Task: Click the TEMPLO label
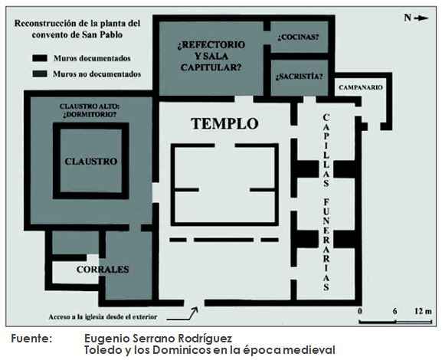[224, 123]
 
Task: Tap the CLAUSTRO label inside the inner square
[90, 162]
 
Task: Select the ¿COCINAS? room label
[298, 38]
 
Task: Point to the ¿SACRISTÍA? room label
[299, 77]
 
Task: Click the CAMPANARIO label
[361, 87]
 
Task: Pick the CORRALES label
[103, 269]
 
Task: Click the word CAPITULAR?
[211, 67]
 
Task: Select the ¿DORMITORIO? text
[90, 114]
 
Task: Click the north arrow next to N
[421, 18]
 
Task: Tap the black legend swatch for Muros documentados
[40, 58]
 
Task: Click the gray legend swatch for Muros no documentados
[40, 74]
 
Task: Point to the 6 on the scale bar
[395, 311]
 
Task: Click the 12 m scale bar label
[423, 311]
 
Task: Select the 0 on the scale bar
[360, 311]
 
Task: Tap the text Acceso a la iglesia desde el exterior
[103, 317]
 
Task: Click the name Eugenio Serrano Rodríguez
[158, 339]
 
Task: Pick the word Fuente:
[31, 339]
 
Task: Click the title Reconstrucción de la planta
[77, 23]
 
